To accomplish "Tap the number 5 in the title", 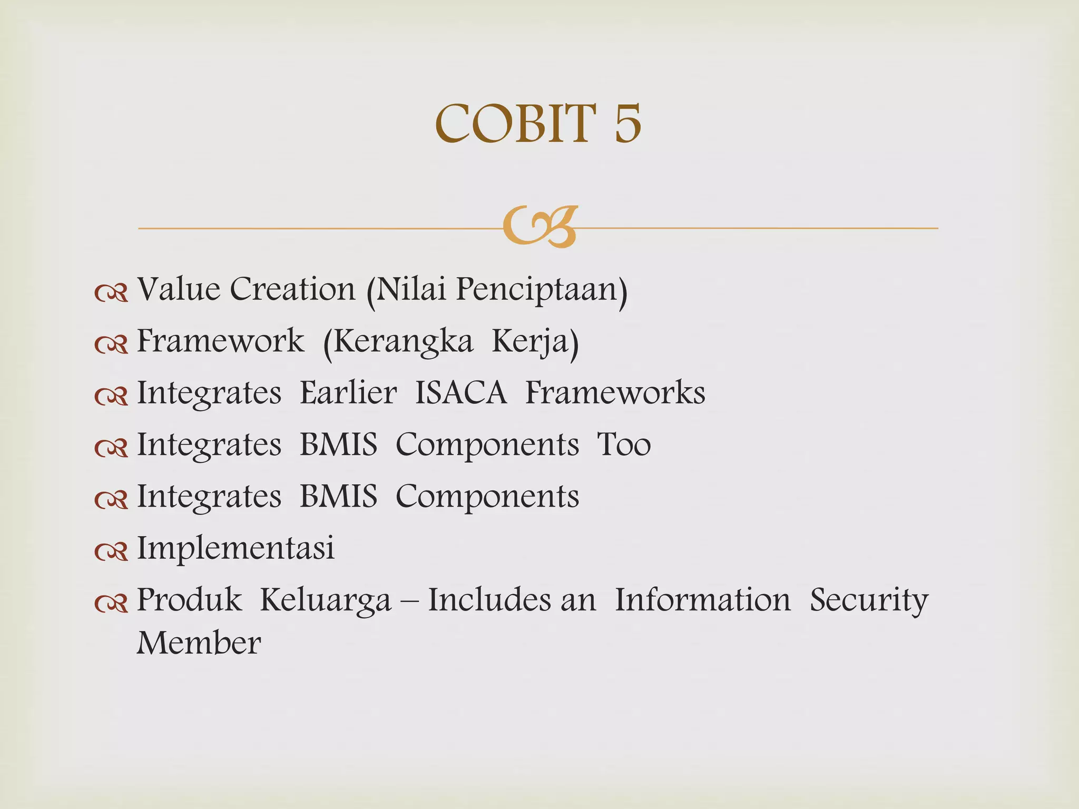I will tap(627, 124).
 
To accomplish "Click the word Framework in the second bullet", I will tap(220, 341).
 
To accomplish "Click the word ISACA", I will tap(461, 393).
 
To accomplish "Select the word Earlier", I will tap(348, 393).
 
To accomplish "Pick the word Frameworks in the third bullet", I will tap(615, 393).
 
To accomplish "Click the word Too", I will tap(624, 445).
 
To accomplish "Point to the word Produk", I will tap(189, 599).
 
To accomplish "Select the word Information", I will tap(703, 599).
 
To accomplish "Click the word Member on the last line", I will tap(199, 644).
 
